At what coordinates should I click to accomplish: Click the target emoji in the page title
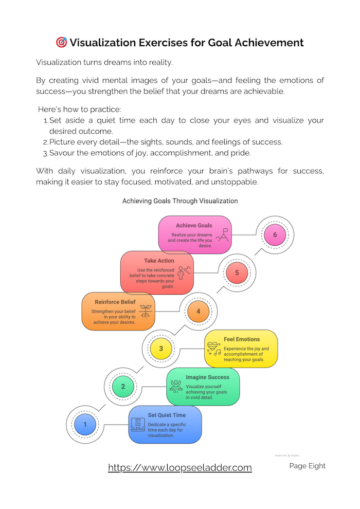click(61, 42)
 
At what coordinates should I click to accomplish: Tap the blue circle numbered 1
click(85, 425)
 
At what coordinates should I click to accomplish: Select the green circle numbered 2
click(123, 387)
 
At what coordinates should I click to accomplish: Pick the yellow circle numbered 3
click(161, 349)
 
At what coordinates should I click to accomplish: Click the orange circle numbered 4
click(199, 311)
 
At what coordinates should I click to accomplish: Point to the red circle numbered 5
click(237, 273)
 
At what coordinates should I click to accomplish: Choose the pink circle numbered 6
click(275, 235)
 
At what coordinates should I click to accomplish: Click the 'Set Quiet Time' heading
click(167, 415)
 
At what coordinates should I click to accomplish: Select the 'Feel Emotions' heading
click(242, 339)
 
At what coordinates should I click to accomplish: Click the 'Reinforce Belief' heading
click(115, 302)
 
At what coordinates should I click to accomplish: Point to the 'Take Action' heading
click(159, 261)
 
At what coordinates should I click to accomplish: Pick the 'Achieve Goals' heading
click(194, 225)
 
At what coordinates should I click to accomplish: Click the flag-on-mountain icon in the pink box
click(223, 234)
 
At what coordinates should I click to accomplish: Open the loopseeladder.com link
click(180, 467)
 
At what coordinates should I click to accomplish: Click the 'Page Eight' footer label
click(307, 466)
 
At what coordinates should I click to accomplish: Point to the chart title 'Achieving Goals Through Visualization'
click(180, 201)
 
